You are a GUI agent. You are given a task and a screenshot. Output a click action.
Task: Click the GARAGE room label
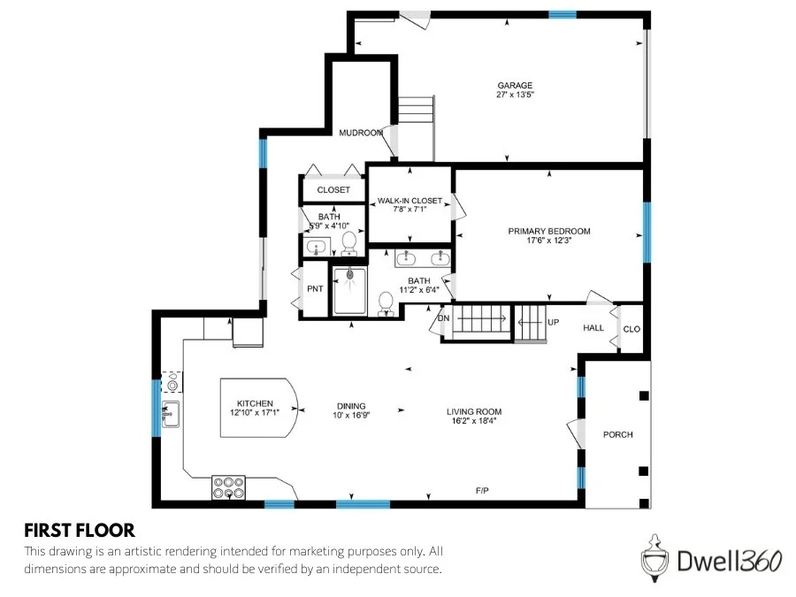coord(514,85)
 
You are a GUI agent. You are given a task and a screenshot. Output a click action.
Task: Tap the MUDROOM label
coord(361,133)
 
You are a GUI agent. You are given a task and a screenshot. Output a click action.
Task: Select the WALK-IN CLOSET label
coord(409,201)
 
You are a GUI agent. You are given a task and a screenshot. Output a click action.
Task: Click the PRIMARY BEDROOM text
coord(548,231)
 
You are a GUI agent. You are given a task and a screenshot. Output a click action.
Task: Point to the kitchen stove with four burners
coord(228,487)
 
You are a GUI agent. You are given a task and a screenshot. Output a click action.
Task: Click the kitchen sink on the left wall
coord(171,412)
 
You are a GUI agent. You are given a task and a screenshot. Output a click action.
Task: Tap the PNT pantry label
coord(314,289)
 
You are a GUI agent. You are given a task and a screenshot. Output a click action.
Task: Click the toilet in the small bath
coord(348,241)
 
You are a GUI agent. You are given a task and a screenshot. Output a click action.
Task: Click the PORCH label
coord(617,434)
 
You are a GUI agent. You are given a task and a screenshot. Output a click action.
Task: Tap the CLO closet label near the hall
coord(631,329)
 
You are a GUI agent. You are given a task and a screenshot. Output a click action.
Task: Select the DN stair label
coord(444,318)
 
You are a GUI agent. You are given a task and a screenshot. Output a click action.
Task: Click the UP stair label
coord(553,322)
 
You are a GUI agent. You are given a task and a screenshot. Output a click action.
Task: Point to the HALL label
coord(593,327)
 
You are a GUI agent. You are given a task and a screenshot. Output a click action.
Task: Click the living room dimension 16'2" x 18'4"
coord(474,421)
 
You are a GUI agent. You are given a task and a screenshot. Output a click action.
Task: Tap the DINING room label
coord(350,406)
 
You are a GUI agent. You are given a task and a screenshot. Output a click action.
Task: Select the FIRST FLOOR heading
coord(79,530)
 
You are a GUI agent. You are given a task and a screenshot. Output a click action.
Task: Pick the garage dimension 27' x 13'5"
coord(514,95)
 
